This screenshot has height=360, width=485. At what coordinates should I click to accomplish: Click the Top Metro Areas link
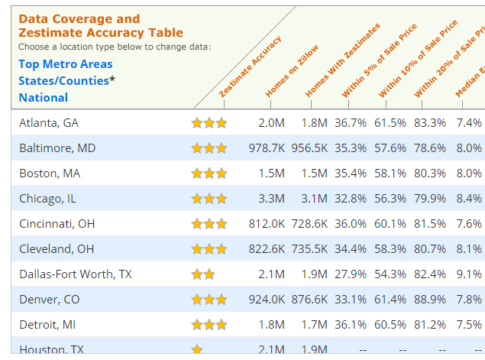pyautogui.click(x=66, y=64)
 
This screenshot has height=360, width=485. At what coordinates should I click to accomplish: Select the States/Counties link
pyautogui.click(x=64, y=80)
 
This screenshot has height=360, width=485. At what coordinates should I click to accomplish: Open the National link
pyautogui.click(x=44, y=97)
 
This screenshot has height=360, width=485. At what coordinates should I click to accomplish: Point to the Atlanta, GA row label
pyautogui.click(x=49, y=122)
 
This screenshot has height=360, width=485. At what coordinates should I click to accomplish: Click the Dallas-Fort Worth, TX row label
pyautogui.click(x=76, y=274)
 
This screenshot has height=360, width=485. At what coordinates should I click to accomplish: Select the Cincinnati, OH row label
pyautogui.click(x=57, y=223)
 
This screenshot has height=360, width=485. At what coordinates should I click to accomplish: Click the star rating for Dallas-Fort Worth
pyautogui.click(x=202, y=274)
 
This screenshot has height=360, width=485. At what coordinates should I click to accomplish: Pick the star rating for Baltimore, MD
pyautogui.click(x=209, y=148)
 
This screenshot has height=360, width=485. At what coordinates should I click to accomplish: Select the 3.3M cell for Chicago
pyautogui.click(x=272, y=198)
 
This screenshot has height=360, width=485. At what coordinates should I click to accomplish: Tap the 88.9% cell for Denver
pyautogui.click(x=430, y=299)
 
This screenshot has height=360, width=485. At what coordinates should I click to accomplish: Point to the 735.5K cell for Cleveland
pyautogui.click(x=309, y=248)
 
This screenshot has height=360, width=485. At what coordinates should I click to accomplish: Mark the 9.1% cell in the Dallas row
pyautogui.click(x=469, y=274)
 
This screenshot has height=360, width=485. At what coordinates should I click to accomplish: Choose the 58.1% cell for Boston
pyautogui.click(x=390, y=173)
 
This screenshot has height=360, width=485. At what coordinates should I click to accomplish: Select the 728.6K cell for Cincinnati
pyautogui.click(x=309, y=223)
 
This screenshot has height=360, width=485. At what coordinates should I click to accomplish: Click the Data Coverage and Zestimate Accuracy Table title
pyautogui.click(x=101, y=26)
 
